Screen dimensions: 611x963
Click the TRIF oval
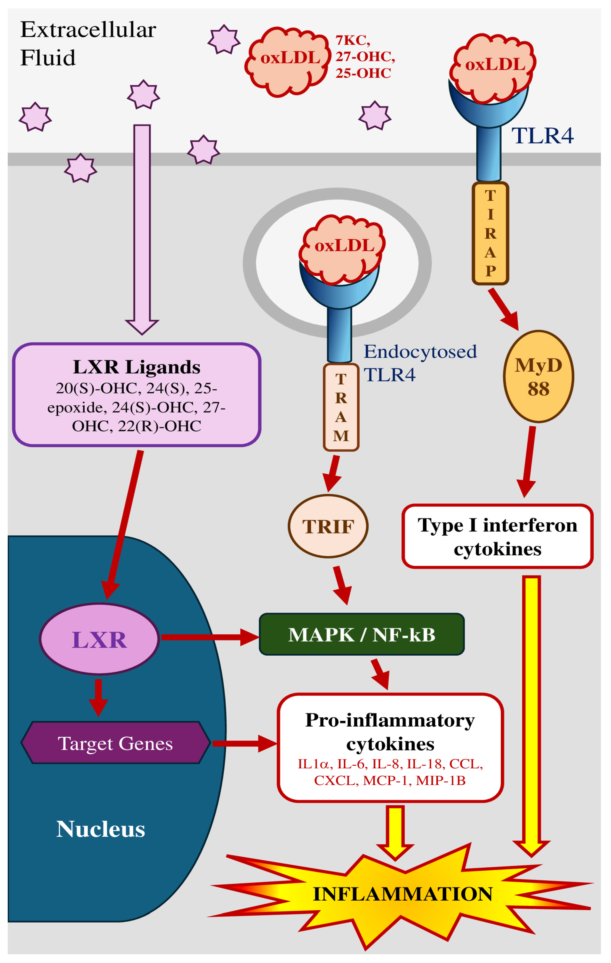pos(328,526)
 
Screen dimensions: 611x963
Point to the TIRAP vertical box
pos(490,233)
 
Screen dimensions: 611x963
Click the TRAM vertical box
pos(341,407)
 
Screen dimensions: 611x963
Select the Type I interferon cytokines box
pos(497,536)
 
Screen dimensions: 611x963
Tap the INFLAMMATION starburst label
pos(403,894)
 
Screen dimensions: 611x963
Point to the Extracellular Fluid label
pos(88,44)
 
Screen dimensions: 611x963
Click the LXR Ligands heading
pos(136,367)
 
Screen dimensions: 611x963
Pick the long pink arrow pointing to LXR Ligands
pos(142,229)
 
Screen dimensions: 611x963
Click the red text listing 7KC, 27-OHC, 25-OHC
pos(365,56)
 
